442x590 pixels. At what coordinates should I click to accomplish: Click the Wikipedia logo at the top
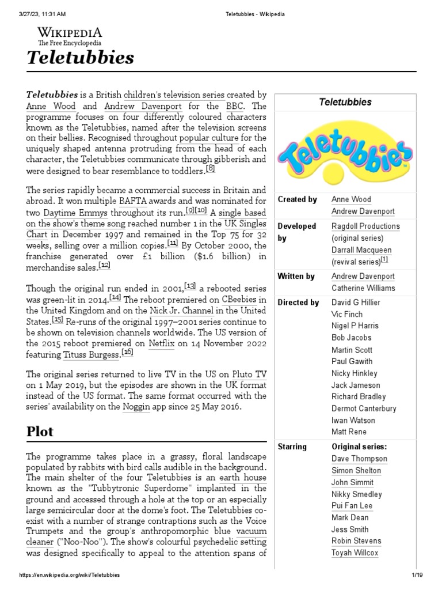[70, 35]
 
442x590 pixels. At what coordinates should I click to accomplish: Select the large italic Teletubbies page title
[80, 58]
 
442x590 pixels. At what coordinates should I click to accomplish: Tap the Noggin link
[136, 407]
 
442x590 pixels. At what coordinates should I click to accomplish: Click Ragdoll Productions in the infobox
[365, 226]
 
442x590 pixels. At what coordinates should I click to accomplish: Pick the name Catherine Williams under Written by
[363, 288]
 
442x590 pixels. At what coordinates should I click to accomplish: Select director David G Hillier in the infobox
[356, 302]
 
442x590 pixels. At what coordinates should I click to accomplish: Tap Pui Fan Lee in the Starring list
[352, 506]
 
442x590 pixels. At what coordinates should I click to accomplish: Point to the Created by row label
[297, 199]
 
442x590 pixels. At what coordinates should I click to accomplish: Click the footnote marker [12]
[104, 264]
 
